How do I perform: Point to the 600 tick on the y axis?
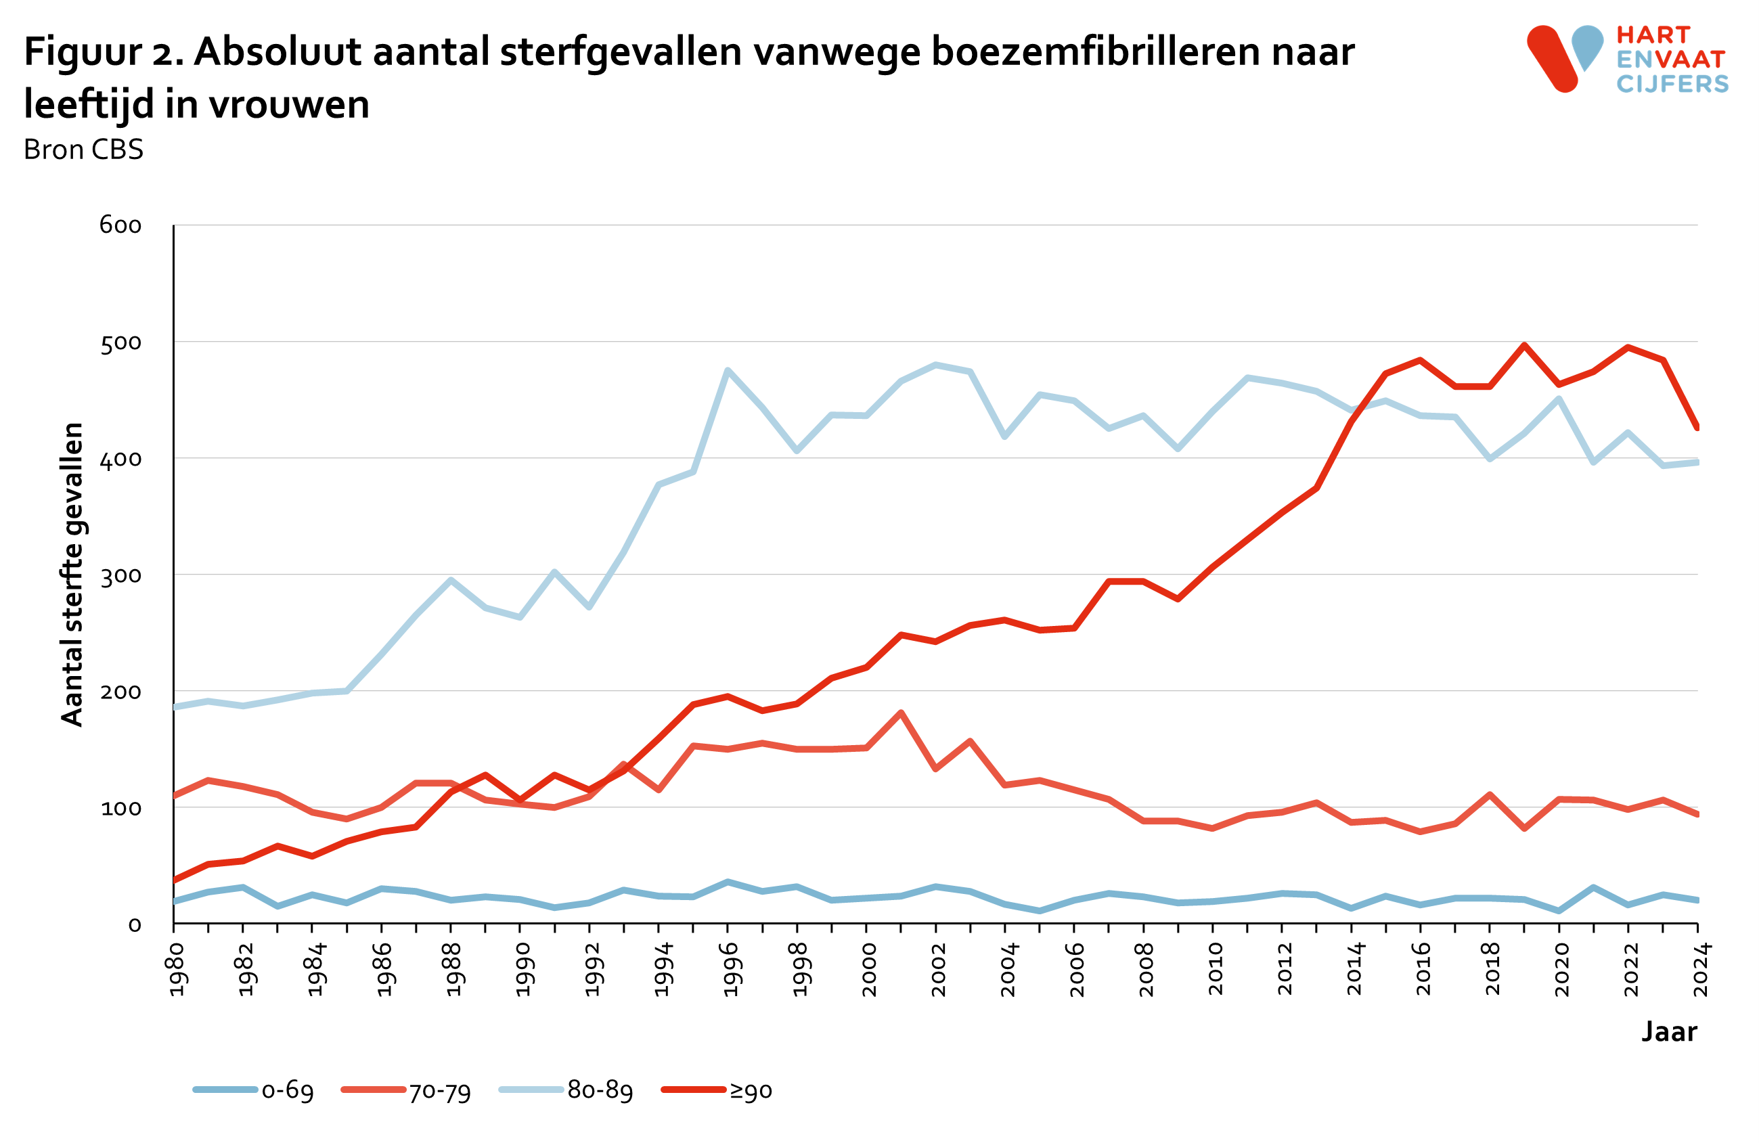point(120,225)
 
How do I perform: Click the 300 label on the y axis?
point(120,576)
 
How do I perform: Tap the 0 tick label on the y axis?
point(135,925)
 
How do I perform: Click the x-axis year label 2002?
point(939,969)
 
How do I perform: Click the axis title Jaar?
point(1669,1031)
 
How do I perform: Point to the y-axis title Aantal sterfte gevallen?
point(72,574)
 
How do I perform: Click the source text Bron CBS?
point(83,150)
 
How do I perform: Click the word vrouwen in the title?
point(288,104)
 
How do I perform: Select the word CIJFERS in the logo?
point(1672,84)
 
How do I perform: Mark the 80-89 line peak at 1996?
point(728,370)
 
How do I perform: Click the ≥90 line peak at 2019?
point(1524,345)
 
